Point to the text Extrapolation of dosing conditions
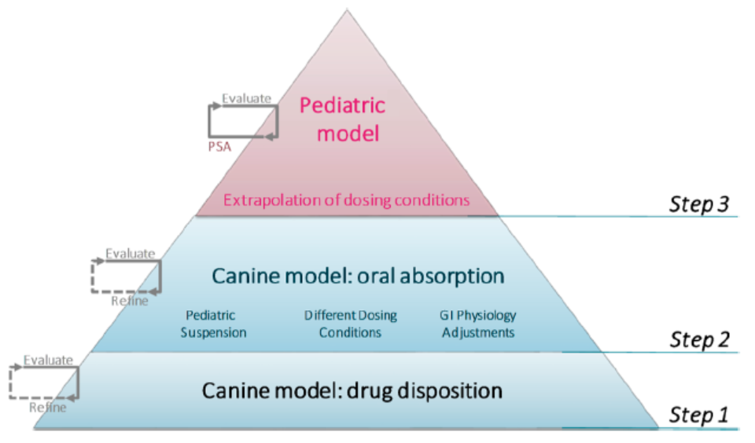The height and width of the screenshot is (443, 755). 347,200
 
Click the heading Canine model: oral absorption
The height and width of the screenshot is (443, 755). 357,276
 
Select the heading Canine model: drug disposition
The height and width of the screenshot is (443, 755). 352,390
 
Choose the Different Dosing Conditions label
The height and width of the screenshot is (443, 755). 351,324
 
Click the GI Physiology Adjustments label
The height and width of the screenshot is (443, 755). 477,324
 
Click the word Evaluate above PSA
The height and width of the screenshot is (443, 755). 246,99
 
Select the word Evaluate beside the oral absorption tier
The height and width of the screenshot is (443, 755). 131,254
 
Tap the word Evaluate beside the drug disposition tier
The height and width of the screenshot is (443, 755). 48,360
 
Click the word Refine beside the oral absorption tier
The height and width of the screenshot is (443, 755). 129,301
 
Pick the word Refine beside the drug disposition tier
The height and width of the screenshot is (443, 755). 47,408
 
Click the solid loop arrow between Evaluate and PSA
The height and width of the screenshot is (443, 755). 243,121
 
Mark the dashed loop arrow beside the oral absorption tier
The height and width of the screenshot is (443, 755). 127,276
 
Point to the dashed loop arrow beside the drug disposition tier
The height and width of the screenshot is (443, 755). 44,383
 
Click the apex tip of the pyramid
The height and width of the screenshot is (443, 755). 346,10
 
